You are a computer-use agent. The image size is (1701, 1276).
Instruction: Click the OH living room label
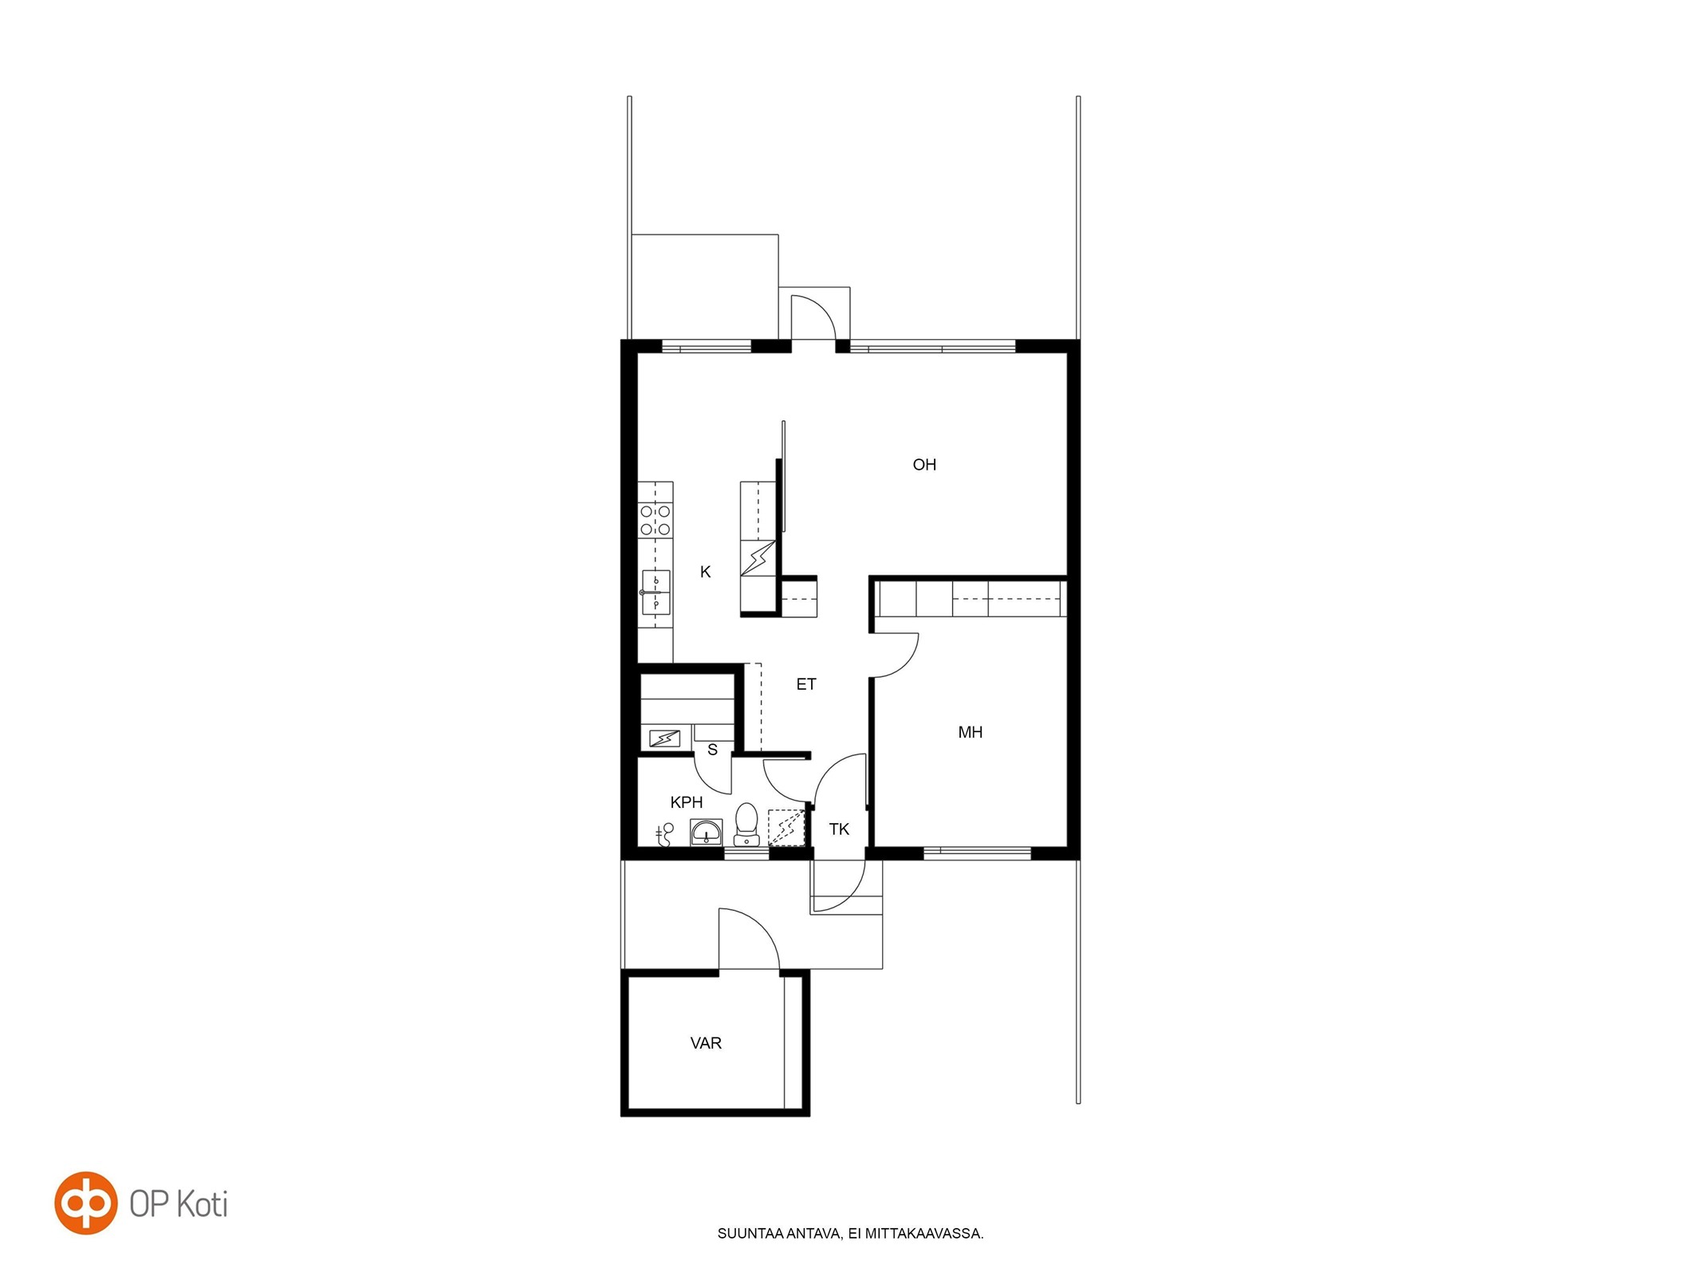click(924, 465)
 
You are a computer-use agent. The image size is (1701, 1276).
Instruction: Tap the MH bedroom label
click(970, 732)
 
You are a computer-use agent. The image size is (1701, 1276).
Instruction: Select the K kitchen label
click(705, 572)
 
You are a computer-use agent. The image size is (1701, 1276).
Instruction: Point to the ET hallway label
click(806, 684)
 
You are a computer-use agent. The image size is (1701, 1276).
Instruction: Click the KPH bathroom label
click(687, 802)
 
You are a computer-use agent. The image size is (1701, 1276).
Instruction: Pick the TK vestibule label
click(839, 829)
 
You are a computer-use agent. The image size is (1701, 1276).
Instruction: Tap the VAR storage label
click(706, 1043)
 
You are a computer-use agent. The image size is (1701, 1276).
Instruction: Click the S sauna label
click(712, 750)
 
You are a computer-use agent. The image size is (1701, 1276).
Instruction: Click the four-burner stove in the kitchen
click(655, 519)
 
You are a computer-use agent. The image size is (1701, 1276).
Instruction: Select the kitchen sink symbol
click(656, 593)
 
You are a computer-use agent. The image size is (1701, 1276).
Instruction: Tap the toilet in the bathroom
click(746, 824)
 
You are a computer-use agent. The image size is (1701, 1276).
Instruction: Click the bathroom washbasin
click(706, 833)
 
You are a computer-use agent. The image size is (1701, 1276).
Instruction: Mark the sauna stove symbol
click(664, 739)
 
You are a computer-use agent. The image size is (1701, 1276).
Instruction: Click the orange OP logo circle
click(85, 1203)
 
